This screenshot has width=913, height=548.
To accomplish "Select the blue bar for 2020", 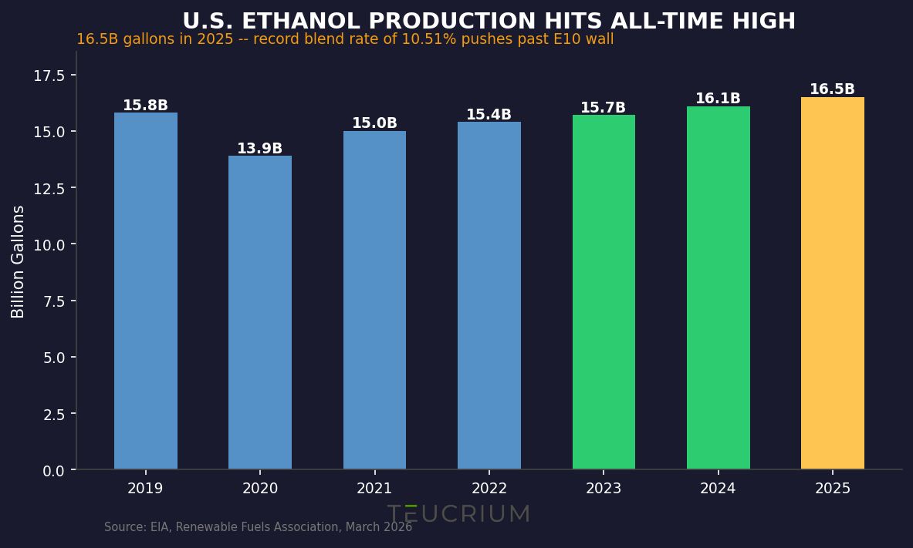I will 259,312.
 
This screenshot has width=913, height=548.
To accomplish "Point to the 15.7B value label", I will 603,108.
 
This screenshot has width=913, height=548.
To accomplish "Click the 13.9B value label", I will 259,149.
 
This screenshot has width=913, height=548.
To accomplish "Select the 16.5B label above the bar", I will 832,89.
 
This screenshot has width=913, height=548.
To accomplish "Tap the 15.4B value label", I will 489,115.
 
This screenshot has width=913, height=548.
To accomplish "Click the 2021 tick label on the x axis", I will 374,489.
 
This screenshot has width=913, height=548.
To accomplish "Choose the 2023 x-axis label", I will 603,489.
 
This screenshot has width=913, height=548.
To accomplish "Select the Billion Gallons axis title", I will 19,261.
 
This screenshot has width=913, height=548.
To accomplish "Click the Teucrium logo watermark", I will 458,514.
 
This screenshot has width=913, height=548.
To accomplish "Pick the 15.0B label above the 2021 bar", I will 374,123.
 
